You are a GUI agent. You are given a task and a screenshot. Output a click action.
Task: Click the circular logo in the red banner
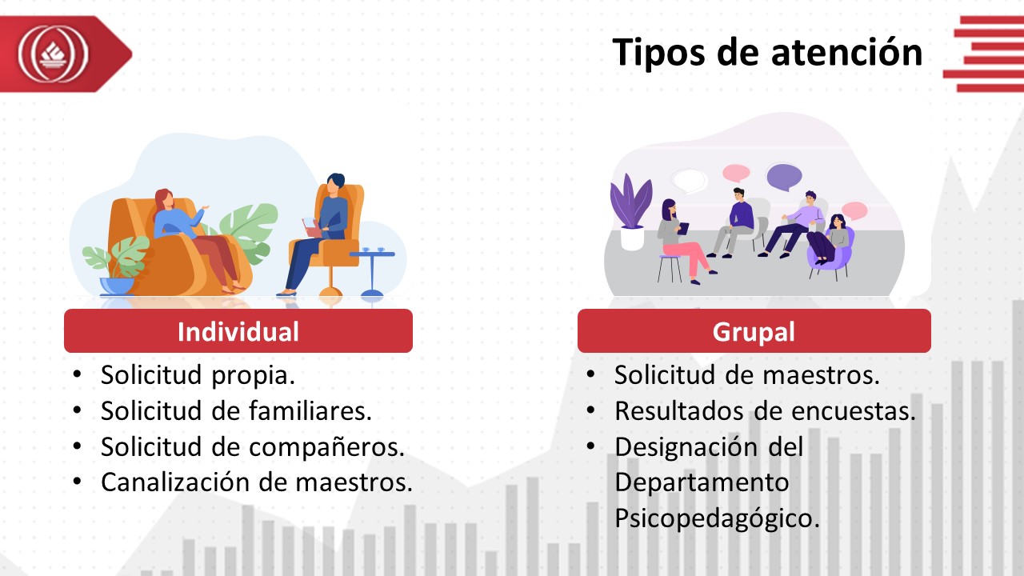(x=53, y=54)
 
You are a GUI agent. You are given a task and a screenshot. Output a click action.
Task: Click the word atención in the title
(x=846, y=53)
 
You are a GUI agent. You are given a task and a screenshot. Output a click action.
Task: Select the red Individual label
(x=238, y=330)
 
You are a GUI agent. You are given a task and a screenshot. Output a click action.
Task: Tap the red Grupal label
(x=754, y=330)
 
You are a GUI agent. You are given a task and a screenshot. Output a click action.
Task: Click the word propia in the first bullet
(x=254, y=376)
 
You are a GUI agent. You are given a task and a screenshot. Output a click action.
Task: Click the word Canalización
(x=175, y=482)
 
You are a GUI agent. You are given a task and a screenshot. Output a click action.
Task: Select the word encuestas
(x=854, y=410)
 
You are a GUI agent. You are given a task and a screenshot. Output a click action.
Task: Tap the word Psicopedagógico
(x=717, y=519)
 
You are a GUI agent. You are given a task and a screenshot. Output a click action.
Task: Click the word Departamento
(x=702, y=482)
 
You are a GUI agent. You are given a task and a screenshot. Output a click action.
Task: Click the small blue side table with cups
(x=372, y=273)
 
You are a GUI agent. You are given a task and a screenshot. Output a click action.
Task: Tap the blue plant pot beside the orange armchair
(x=117, y=286)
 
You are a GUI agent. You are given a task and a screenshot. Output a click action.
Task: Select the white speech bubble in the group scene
(x=689, y=181)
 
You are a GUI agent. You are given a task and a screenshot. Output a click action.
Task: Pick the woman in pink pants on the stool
(x=684, y=242)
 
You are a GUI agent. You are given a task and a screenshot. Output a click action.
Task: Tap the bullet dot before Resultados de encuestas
(x=590, y=410)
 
